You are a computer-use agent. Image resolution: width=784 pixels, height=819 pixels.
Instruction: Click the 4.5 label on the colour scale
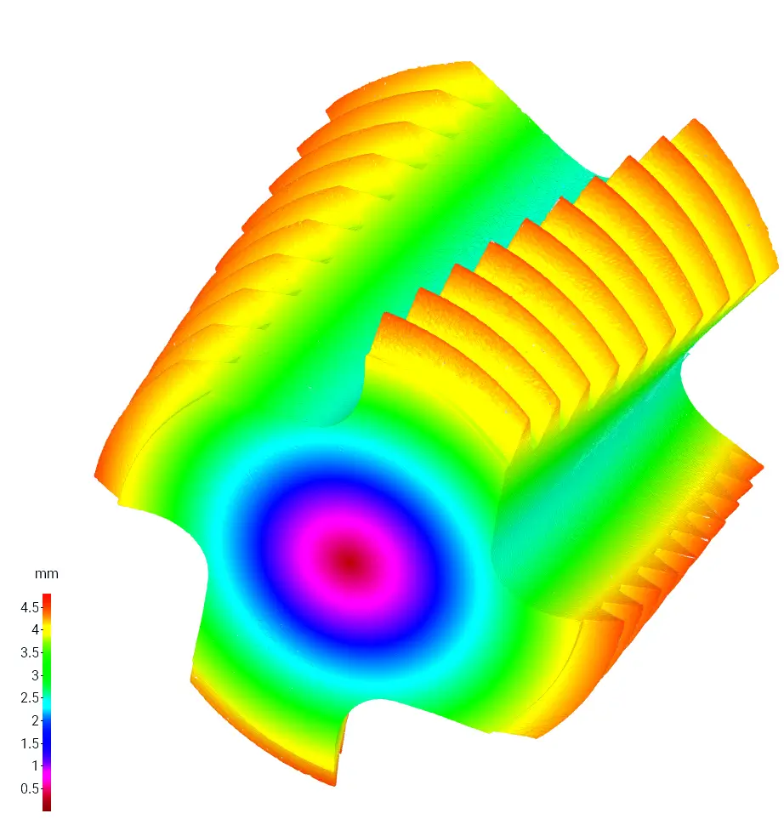[29, 607]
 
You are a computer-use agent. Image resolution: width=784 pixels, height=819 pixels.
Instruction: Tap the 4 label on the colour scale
[35, 629]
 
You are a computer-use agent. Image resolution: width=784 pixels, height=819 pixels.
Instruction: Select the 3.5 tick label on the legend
[29, 652]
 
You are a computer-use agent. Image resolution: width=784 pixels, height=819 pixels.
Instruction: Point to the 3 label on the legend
[35, 674]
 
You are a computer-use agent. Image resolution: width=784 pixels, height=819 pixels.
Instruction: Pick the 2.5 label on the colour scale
[29, 697]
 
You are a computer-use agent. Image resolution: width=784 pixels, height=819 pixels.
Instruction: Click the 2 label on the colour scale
[35, 720]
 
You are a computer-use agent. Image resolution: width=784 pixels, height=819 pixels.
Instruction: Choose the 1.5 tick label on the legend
[29, 742]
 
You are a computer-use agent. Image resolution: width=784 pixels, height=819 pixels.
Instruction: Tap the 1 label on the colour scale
[35, 765]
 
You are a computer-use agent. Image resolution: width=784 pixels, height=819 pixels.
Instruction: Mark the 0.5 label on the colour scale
[29, 788]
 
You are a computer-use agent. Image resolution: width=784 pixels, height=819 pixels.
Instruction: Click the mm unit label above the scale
[47, 573]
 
